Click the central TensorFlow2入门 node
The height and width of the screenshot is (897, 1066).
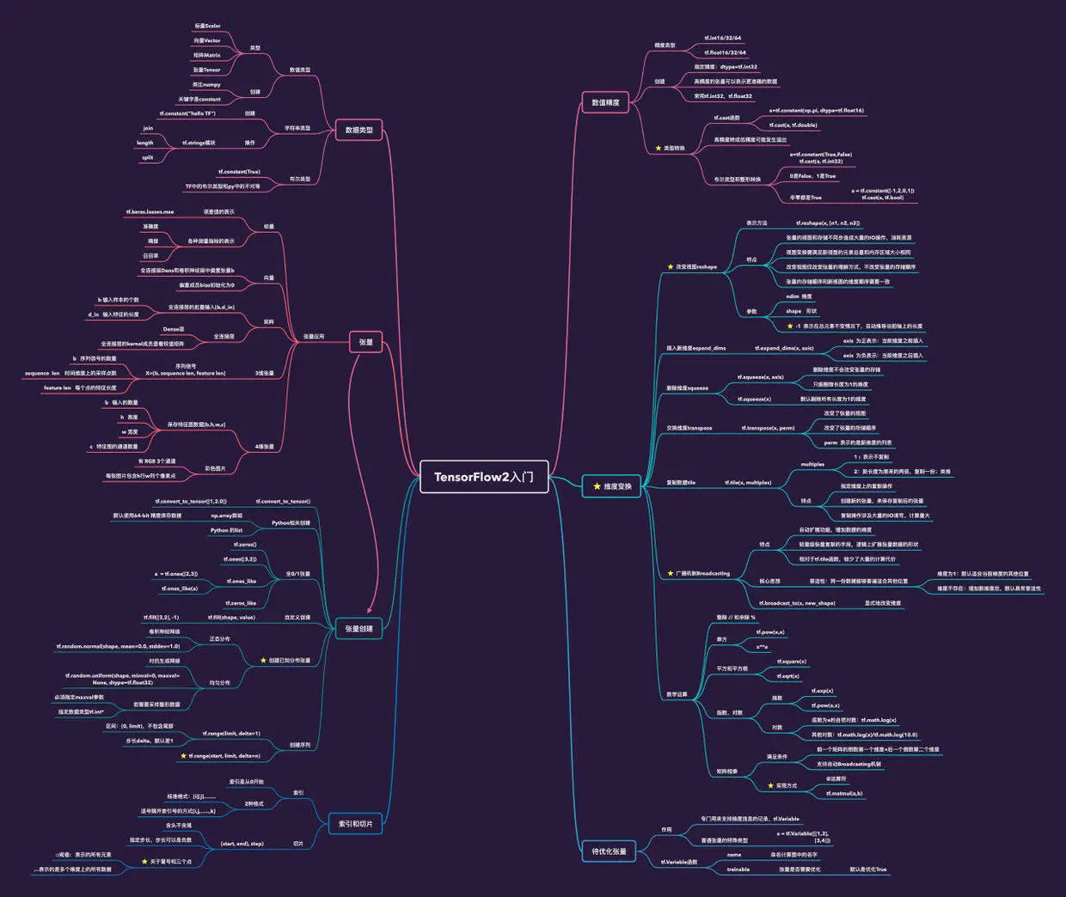pos(484,477)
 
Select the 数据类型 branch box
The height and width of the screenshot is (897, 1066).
pos(358,130)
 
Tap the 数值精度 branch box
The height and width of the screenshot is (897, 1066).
pos(605,102)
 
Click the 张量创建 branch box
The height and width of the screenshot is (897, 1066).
pos(358,629)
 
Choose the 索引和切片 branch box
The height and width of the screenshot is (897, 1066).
pos(354,824)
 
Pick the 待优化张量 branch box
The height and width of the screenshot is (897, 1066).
pos(609,851)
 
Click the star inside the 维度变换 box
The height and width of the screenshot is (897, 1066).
pos(597,486)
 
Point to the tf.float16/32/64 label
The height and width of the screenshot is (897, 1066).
pos(725,52)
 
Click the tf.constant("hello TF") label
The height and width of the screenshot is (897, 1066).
pos(187,113)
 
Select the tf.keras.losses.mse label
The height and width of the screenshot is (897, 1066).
pos(150,211)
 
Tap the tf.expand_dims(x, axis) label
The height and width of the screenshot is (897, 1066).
pos(783,348)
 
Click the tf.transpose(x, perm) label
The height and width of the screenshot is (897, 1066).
pos(768,428)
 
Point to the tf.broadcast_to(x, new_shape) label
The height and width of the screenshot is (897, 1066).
pos(796,603)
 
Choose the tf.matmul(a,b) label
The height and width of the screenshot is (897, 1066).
pos(843,793)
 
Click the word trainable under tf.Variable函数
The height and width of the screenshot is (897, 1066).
pos(738,870)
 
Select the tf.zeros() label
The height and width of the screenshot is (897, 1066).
pos(244,545)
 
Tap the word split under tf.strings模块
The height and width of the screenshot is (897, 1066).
pos(148,158)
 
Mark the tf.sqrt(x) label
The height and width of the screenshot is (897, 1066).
pos(787,676)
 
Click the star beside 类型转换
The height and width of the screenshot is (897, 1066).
pos(658,149)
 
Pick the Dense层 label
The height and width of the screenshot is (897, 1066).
pos(173,329)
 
